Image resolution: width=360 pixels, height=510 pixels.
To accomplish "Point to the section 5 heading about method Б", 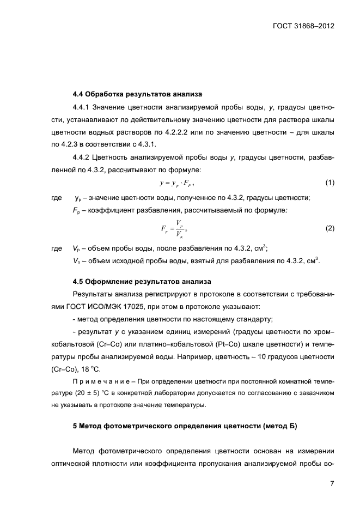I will (x=185, y=427).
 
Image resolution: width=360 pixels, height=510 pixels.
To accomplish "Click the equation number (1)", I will (x=330, y=183).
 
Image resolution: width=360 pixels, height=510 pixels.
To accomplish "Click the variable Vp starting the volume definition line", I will (x=76, y=248).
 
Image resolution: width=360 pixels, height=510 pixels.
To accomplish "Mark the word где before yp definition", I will (x=56, y=198).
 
